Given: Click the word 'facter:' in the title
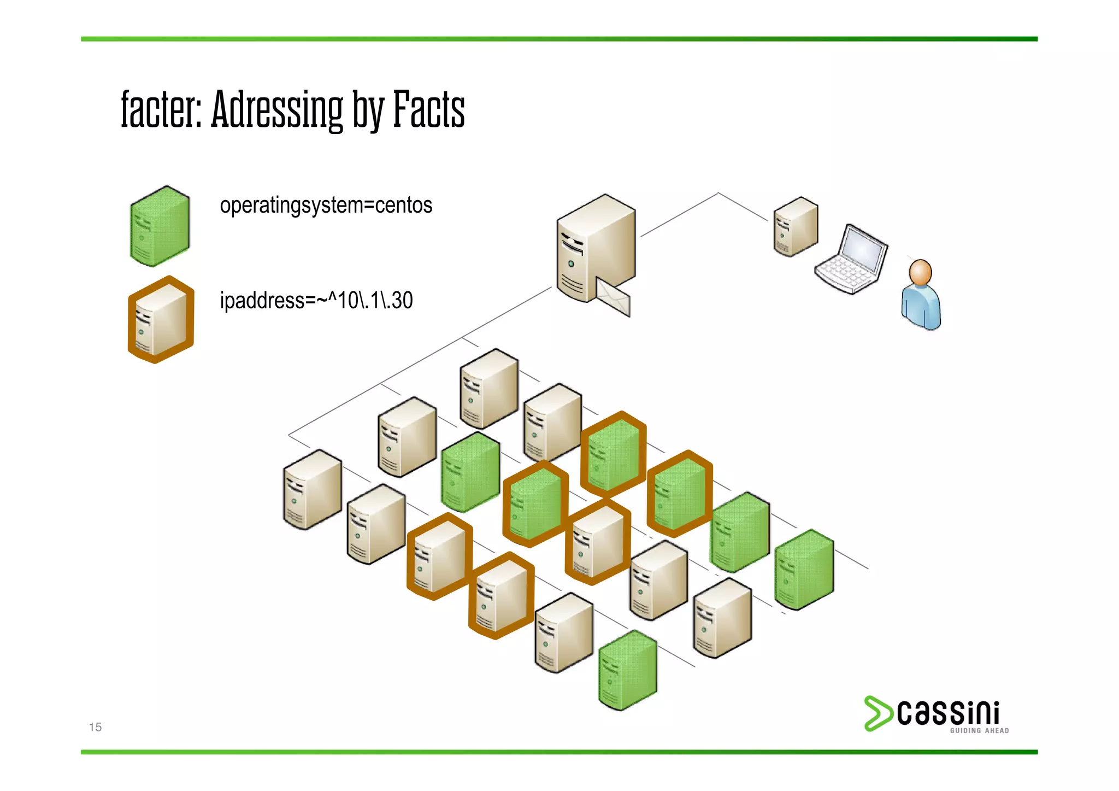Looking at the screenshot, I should pos(162,109).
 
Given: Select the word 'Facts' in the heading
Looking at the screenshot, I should pos(429,109).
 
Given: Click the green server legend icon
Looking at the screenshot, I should pos(160,226).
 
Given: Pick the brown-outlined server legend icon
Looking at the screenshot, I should pos(161,320).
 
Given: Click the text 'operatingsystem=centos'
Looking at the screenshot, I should pos(326,206).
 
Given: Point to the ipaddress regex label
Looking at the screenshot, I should pos(316,301).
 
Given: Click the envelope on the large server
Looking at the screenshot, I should pos(613,297).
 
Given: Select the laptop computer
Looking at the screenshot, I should pos(852,260).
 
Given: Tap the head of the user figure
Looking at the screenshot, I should pos(920,272).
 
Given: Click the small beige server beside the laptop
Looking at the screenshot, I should pos(796,227).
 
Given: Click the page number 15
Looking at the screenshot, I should pos(95,727).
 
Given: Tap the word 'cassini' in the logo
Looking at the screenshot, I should pos(949,713).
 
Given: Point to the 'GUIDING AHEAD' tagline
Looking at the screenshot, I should pos(979,731).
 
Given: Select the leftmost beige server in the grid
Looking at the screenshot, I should pos(312,490).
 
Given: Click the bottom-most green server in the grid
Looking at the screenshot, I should pos(627,670).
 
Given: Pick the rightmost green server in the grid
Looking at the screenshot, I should pos(804,570).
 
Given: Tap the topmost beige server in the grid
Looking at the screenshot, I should pos(488,389).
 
